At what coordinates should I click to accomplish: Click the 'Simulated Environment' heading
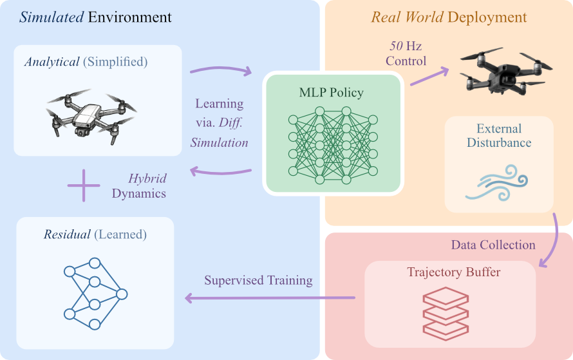pyautogui.click(x=95, y=17)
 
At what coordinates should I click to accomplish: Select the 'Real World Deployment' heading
pyautogui.click(x=449, y=17)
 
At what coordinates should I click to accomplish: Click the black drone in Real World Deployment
pyautogui.click(x=500, y=71)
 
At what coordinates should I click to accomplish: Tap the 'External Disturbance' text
pyautogui.click(x=499, y=135)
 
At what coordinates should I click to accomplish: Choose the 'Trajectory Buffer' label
pyautogui.click(x=454, y=272)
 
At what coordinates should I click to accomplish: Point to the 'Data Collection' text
pyautogui.click(x=493, y=245)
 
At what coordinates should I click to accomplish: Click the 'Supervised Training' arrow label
pyautogui.click(x=258, y=280)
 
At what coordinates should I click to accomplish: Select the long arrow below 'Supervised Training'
pyautogui.click(x=270, y=298)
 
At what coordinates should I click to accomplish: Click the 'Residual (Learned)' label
pyautogui.click(x=95, y=235)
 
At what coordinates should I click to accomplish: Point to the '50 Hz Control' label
pyautogui.click(x=406, y=54)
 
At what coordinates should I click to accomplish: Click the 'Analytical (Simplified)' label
pyautogui.click(x=86, y=62)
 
